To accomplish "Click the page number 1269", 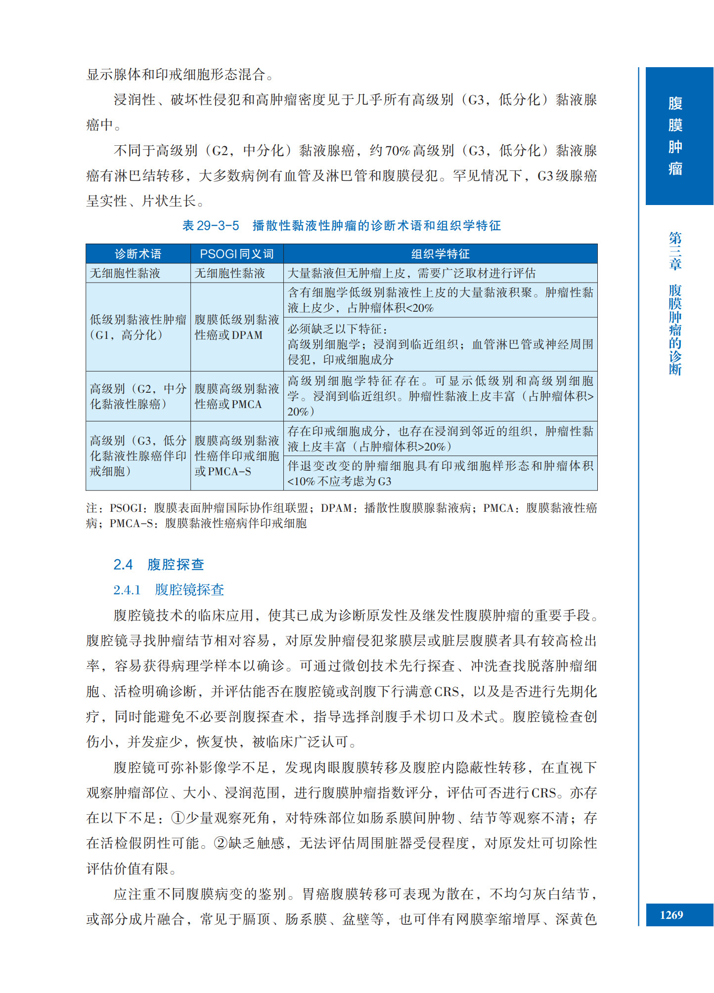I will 671,914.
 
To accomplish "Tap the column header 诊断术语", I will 138,254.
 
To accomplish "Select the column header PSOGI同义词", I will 237,254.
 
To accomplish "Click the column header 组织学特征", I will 440,254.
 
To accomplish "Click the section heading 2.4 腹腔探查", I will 159,564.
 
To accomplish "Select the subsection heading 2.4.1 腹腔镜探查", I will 169,589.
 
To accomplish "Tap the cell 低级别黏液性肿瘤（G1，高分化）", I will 138,327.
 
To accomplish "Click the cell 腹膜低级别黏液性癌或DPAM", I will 237,327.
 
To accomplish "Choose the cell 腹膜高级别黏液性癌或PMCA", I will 237,396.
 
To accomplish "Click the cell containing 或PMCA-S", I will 237,455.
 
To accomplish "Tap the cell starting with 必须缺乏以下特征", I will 440,344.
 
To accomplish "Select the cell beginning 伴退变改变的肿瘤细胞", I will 440,473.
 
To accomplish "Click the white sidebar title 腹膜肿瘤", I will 675,136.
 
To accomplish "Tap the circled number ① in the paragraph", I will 178,818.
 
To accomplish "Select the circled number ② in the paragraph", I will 221,843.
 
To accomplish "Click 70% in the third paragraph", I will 398,151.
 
